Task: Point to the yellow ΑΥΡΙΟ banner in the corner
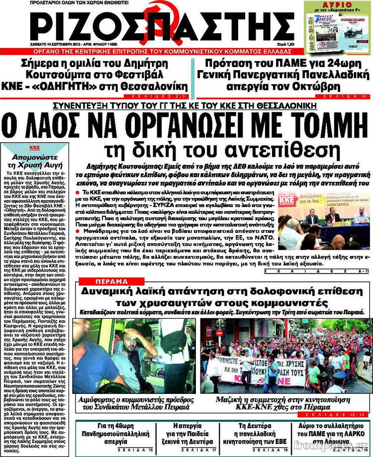click(338, 6)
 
